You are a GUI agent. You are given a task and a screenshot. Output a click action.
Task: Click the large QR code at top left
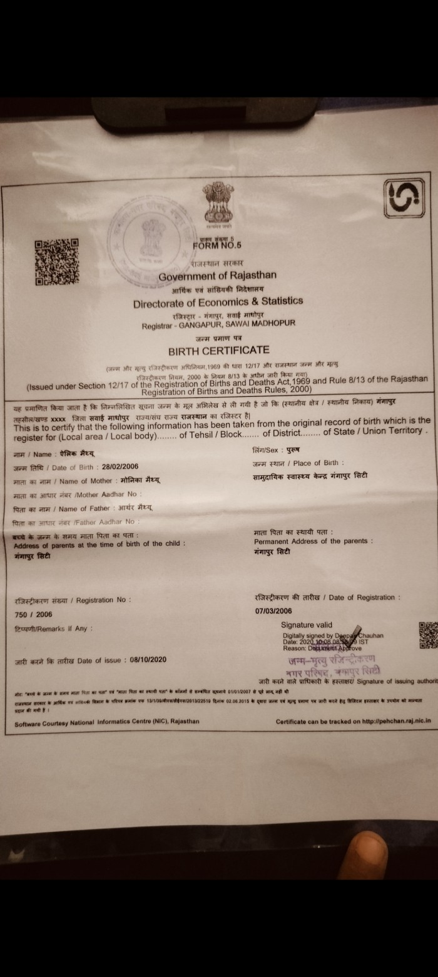click(56, 261)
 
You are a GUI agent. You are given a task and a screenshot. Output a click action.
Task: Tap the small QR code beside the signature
click(427, 635)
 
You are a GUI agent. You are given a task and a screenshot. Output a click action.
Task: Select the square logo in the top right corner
click(403, 199)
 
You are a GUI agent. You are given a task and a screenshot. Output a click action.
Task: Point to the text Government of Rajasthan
click(217, 276)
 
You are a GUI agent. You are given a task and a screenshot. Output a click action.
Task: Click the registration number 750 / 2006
click(34, 614)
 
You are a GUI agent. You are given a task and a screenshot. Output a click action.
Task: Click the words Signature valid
click(307, 624)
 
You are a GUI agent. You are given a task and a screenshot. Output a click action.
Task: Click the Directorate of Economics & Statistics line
click(218, 301)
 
